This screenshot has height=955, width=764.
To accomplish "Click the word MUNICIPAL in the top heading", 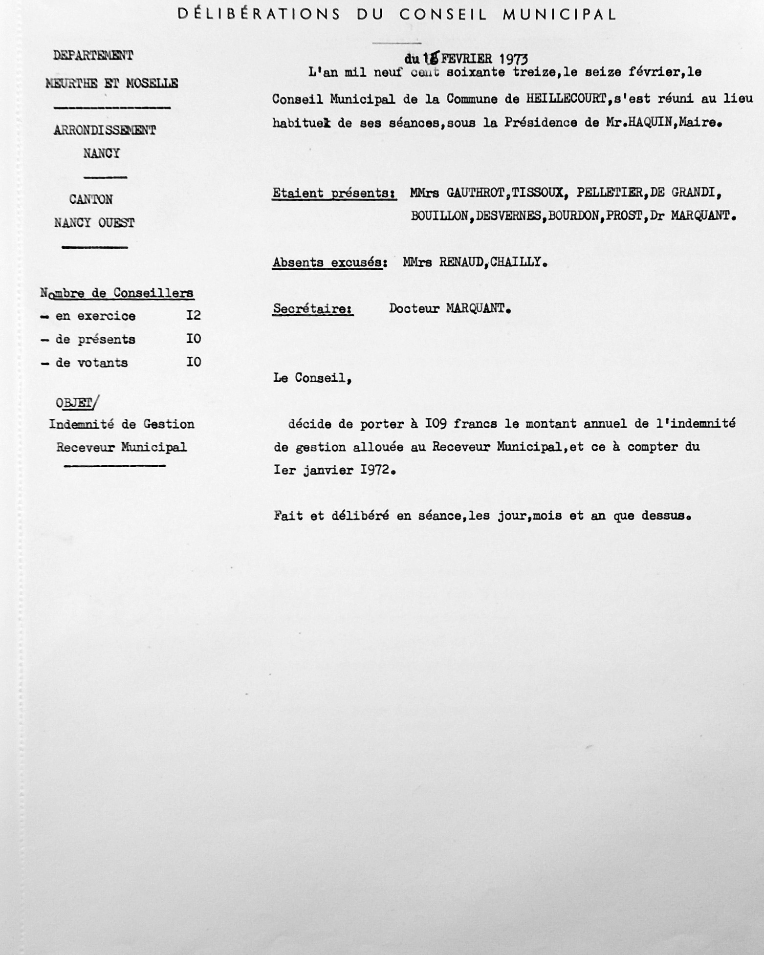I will (x=559, y=15).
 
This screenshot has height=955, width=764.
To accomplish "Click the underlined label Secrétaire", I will (x=313, y=309).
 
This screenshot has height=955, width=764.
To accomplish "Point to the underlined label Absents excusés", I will (x=328, y=262).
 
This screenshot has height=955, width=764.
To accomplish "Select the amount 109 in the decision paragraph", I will (x=435, y=424).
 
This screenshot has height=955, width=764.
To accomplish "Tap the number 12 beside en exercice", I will (x=193, y=315).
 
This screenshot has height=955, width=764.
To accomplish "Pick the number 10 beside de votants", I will (x=193, y=362).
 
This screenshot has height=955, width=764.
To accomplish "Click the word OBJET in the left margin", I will (x=74, y=403).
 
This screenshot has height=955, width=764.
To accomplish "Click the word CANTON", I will (x=91, y=199).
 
